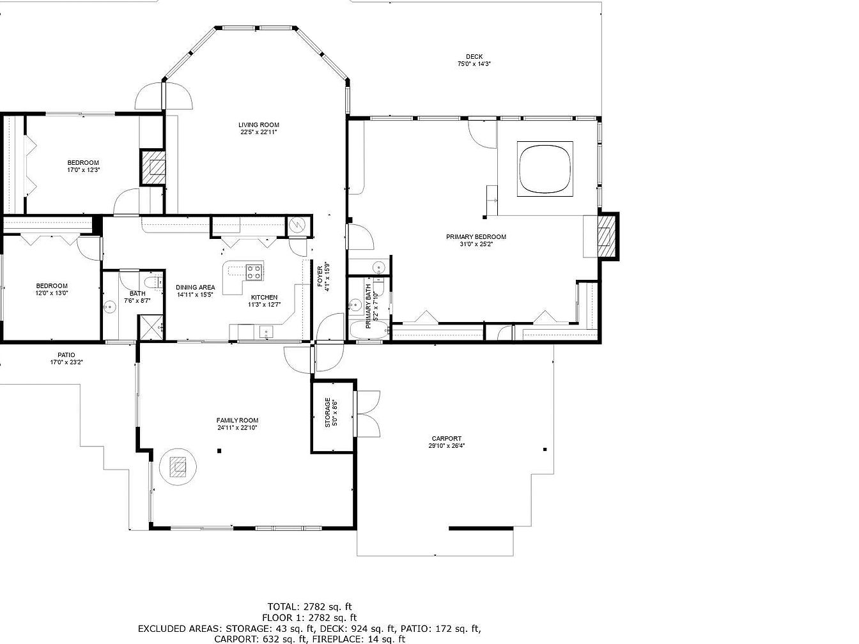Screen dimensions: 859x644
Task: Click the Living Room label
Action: [259, 125]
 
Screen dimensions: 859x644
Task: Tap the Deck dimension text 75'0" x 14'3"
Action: [474, 64]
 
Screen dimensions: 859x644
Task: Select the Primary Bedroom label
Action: [476, 237]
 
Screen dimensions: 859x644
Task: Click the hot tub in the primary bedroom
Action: [545, 169]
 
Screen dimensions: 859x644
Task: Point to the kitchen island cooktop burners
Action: [254, 272]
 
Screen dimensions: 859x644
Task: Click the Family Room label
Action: [237, 421]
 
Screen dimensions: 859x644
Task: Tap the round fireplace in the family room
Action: [178, 467]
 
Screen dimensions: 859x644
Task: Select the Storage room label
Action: [328, 413]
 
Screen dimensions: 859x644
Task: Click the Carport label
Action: [447, 439]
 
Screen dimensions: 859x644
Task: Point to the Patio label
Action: [66, 355]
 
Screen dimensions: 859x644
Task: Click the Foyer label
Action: [320, 277]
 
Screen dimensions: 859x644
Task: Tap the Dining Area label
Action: [196, 287]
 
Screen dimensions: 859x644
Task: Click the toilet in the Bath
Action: [153, 282]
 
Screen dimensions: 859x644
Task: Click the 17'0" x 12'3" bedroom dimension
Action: [83, 170]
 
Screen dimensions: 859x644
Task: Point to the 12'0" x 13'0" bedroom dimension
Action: [52, 293]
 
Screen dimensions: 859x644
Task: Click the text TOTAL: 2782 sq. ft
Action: [309, 607]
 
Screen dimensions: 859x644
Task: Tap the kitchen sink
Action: [267, 332]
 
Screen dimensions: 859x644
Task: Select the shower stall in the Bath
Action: [152, 327]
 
